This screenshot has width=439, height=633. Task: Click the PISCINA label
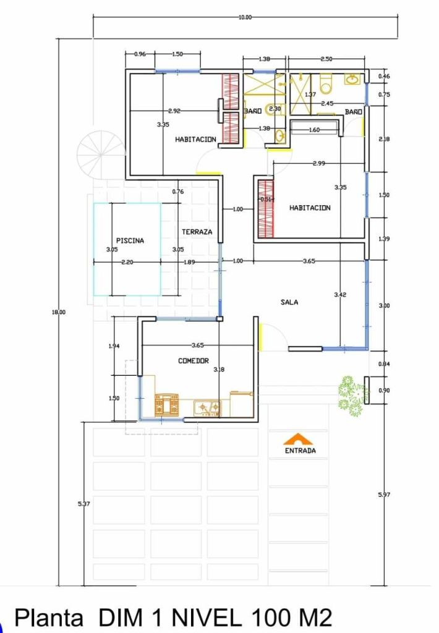tap(130, 240)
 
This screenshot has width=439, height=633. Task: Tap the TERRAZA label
tap(197, 232)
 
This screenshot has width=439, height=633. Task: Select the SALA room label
tap(289, 302)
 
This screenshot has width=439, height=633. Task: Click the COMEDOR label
tap(194, 361)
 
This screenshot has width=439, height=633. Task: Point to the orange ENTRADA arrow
tap(299, 438)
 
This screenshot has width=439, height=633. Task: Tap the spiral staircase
tap(98, 153)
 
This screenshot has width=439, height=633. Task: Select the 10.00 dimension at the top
tap(245, 17)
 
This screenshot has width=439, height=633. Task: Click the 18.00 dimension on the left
tap(58, 312)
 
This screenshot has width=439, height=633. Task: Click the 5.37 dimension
tap(85, 504)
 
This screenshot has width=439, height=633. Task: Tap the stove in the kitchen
tap(166, 404)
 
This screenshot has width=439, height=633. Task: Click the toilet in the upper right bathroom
tap(326, 83)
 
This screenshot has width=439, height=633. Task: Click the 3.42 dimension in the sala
tap(340, 295)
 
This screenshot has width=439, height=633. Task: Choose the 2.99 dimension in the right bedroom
tap(318, 163)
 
